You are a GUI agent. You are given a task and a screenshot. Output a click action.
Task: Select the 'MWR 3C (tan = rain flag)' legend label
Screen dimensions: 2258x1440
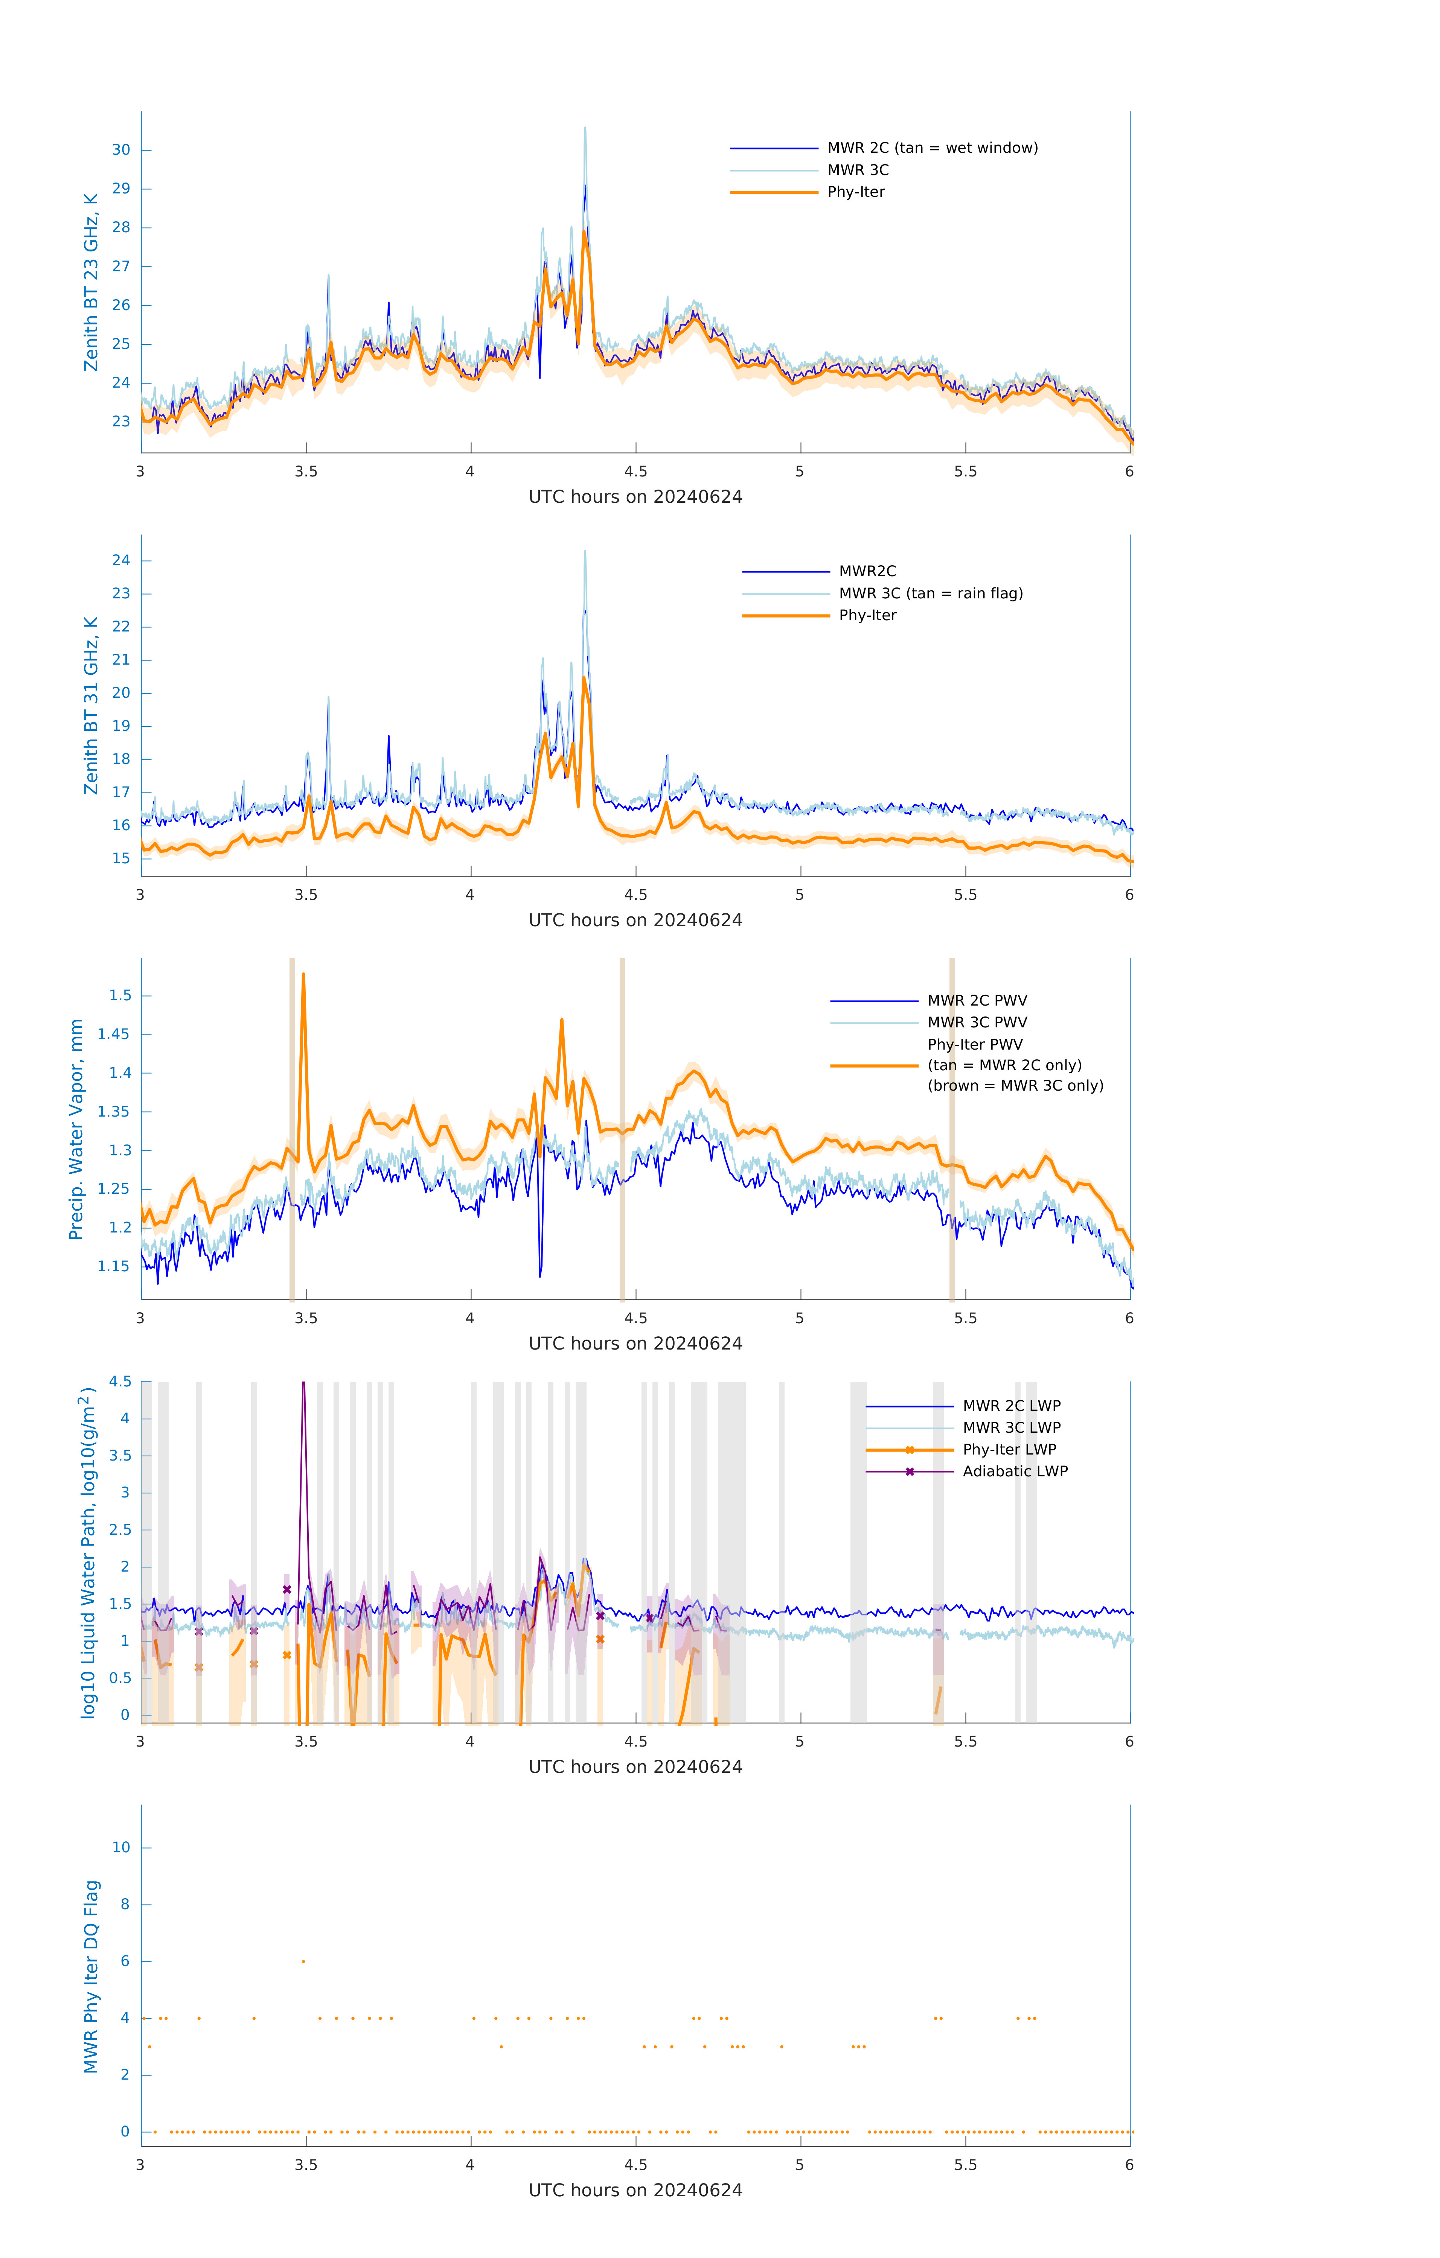pos(931,593)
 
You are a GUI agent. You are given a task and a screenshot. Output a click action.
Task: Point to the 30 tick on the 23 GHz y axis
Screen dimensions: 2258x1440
pos(121,150)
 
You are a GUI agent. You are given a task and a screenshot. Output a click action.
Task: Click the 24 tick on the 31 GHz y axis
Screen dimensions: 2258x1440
pos(121,561)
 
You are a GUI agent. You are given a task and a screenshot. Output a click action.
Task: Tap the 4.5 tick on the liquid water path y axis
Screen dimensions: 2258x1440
pos(120,1381)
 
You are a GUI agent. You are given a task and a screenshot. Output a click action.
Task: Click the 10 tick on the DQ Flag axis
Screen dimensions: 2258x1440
pos(121,1847)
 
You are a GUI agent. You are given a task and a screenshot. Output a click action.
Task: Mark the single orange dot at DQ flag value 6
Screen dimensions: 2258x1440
pos(303,1961)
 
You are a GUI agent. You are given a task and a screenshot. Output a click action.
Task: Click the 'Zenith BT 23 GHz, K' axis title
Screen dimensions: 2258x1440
pos(91,282)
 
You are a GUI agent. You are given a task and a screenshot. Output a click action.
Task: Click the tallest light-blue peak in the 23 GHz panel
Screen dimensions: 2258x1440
pos(585,128)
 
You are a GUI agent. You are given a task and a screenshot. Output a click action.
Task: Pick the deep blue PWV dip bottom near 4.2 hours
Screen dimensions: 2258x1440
pos(540,1275)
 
